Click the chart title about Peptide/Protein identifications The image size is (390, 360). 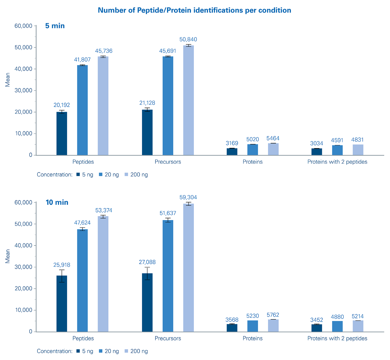tap(194, 10)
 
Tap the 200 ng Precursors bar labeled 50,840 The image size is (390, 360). tap(188, 100)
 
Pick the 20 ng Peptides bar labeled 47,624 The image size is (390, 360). tap(82, 280)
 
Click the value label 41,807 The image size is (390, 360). tap(82, 60)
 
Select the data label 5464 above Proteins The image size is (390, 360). tap(273, 138)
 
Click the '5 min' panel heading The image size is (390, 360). tap(55, 26)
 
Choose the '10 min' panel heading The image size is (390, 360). tap(57, 202)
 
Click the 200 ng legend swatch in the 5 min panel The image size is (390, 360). tap(126, 175)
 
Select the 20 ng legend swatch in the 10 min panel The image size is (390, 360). tap(101, 351)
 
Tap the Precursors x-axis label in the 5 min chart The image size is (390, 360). tap(168, 162)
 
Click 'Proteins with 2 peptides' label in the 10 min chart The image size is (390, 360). tap(337, 338)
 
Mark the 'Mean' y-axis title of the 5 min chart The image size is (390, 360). tap(8, 79)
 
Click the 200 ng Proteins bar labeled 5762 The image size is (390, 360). tap(273, 326)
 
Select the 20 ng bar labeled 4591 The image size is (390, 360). tap(337, 150)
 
